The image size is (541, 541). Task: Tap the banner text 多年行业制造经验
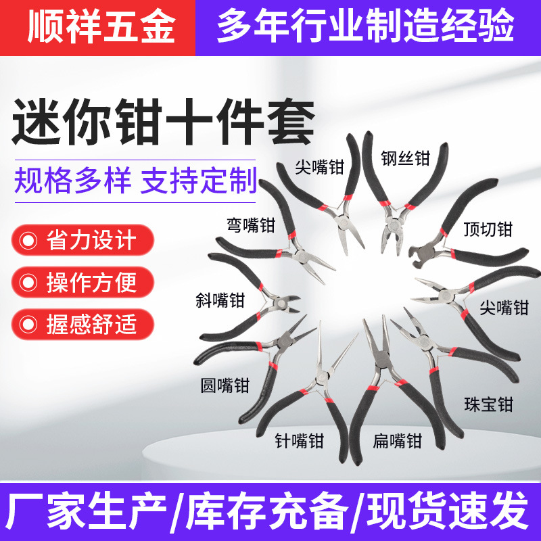[365, 26]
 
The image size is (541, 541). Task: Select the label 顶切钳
[488, 229]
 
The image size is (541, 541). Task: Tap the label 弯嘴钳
[251, 225]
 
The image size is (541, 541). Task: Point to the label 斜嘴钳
[220, 300]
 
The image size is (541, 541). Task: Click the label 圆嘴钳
[225, 385]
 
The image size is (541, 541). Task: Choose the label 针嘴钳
[300, 441]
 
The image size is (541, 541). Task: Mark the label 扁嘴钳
[398, 441]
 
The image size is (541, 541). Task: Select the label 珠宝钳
[488, 404]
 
